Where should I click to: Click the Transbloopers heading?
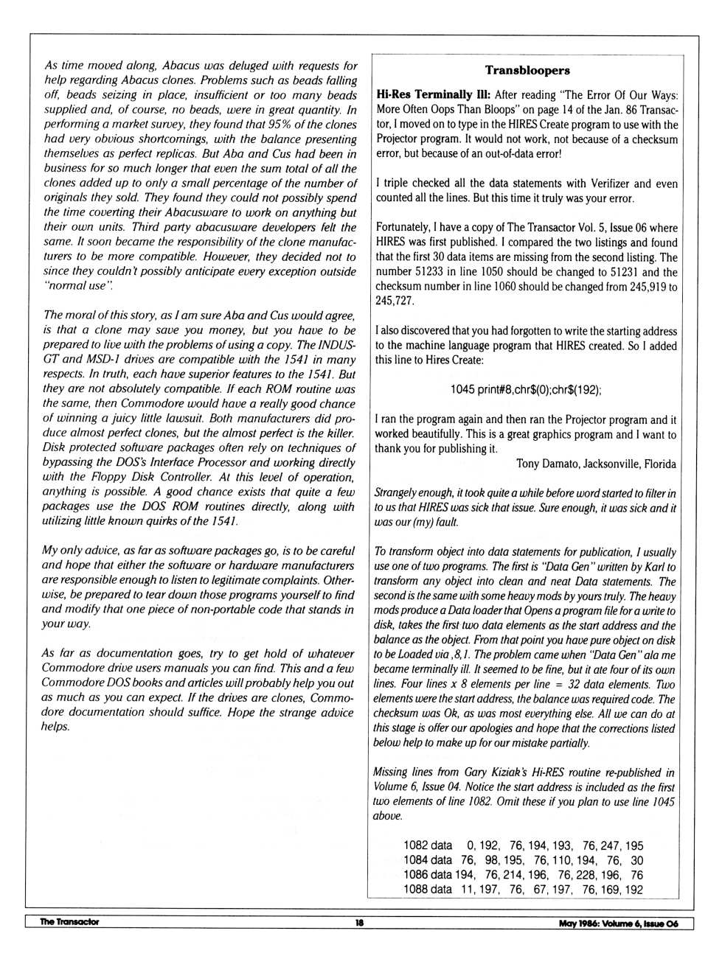coord(527,71)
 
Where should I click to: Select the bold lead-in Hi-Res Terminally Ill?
coord(424,95)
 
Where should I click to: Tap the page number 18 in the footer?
coord(359,923)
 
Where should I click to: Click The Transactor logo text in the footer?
coord(69,922)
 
